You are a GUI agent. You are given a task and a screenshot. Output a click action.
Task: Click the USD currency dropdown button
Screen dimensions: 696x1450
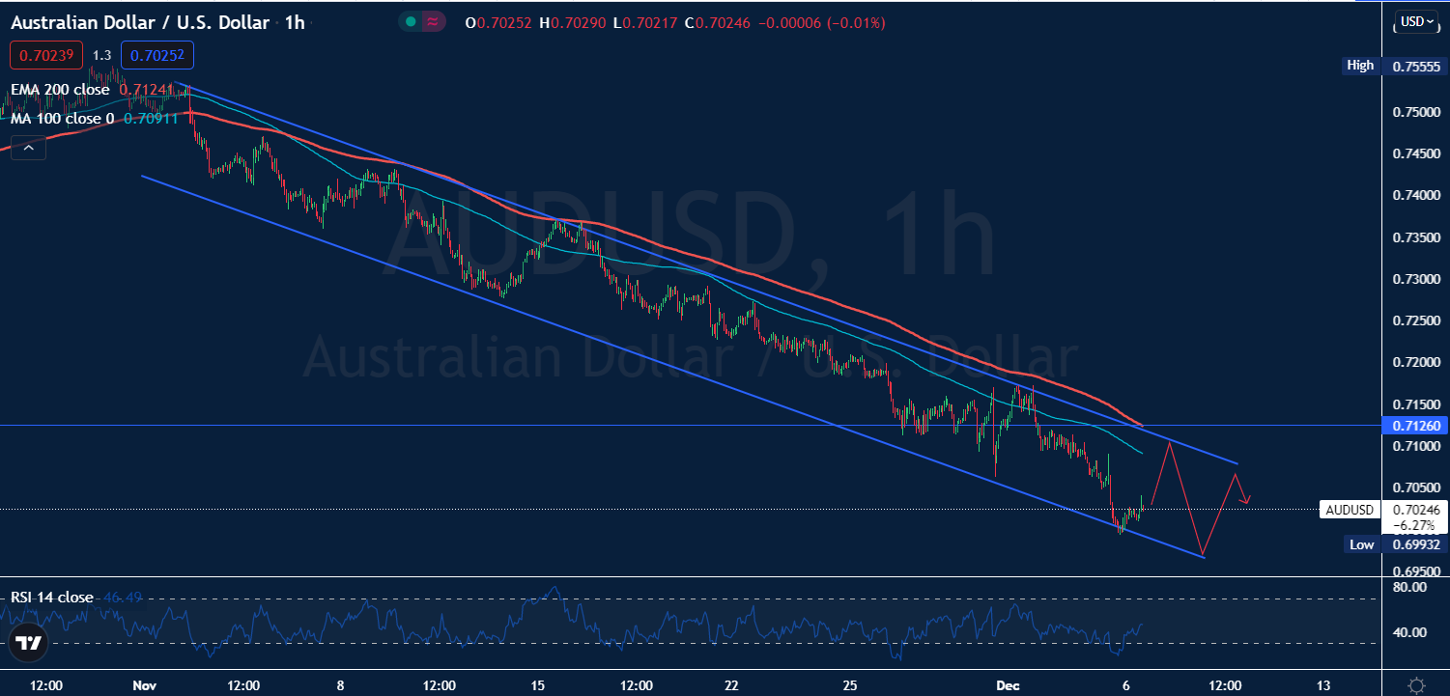tap(1417, 21)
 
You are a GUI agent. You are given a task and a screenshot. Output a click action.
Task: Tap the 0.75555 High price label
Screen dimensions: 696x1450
tap(1416, 66)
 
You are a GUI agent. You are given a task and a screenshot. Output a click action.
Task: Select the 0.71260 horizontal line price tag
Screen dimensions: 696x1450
tap(1415, 426)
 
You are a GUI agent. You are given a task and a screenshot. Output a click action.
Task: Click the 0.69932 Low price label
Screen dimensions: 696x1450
tap(1416, 544)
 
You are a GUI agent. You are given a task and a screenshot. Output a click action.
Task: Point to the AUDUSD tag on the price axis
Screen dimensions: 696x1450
tap(1349, 509)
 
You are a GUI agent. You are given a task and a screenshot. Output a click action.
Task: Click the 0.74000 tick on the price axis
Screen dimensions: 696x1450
tap(1415, 195)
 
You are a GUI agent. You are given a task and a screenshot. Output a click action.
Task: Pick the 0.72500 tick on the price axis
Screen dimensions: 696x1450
tap(1415, 320)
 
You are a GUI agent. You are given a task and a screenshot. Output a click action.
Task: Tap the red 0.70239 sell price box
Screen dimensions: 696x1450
tap(47, 56)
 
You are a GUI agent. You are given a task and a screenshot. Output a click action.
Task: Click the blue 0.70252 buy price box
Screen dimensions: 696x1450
tap(157, 56)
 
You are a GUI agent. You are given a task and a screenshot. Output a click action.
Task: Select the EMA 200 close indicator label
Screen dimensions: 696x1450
tap(60, 90)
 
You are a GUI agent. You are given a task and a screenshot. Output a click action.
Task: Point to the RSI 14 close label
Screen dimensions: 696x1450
tap(52, 598)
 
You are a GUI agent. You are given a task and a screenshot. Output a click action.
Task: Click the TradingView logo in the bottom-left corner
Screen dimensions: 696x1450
tap(28, 644)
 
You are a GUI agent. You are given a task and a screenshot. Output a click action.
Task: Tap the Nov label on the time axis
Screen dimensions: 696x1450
tap(144, 685)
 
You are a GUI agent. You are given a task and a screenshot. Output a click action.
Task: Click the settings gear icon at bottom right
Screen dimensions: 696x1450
tap(1416, 684)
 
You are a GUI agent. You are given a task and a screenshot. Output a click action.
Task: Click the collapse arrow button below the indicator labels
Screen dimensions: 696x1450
tap(28, 148)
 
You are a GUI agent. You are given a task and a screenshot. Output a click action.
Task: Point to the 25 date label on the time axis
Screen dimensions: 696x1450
tap(850, 685)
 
